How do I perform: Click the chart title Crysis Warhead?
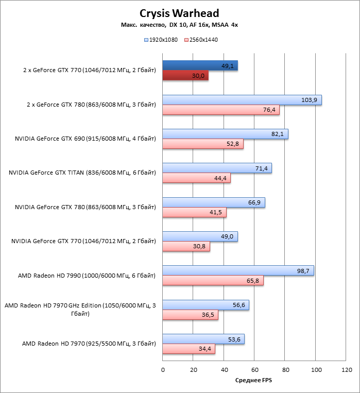[180, 13]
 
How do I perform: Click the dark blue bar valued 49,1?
[200, 66]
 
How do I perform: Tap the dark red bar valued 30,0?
[185, 76]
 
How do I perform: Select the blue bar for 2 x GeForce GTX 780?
[242, 100]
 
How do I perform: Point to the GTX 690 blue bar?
[225, 134]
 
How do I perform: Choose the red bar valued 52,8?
[203, 144]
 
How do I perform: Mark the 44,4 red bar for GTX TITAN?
[196, 178]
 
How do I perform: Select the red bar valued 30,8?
[186, 247]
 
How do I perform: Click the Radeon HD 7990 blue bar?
[238, 271]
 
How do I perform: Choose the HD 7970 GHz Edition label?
[80, 310]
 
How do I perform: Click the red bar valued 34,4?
[189, 349]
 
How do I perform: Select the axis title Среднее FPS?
[253, 381]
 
